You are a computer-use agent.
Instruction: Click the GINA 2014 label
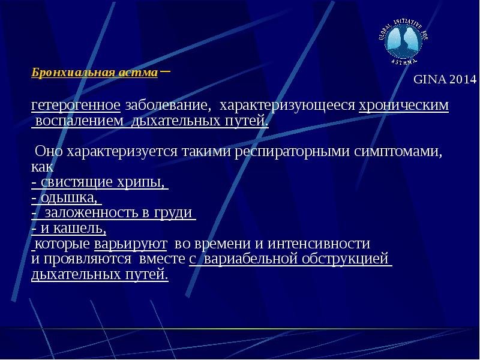(445, 79)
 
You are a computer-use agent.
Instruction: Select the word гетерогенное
(76, 106)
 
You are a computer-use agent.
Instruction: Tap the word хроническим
(403, 106)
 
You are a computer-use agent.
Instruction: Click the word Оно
(48, 151)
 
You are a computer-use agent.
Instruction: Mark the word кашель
(83, 228)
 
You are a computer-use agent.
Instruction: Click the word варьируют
(131, 244)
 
